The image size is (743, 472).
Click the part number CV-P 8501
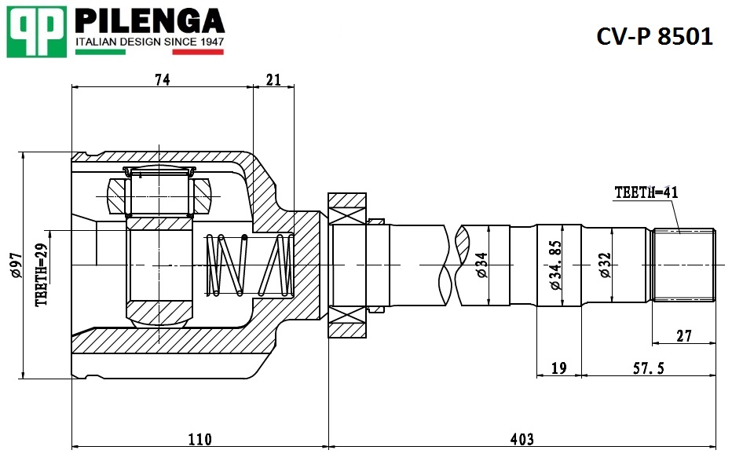click(654, 36)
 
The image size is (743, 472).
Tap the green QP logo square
click(36, 31)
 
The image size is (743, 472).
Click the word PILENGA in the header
click(149, 21)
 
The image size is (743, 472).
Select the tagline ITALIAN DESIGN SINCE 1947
click(150, 42)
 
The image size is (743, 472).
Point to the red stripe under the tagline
click(198, 52)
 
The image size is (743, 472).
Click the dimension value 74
click(162, 79)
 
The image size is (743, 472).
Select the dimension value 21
click(273, 79)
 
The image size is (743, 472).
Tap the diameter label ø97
click(15, 265)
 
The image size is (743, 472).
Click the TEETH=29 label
click(42, 274)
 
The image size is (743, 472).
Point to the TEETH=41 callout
click(646, 192)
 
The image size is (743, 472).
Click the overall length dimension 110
click(200, 439)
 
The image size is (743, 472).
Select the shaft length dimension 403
click(522, 439)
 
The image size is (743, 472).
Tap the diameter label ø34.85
click(555, 265)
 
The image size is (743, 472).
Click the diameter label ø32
click(606, 265)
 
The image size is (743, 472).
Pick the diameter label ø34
click(481, 265)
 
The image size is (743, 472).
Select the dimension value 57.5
click(649, 368)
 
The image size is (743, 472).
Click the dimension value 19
click(559, 368)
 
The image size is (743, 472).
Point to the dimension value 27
click(684, 336)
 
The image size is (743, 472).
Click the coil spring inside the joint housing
click(250, 265)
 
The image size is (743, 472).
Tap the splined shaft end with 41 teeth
click(684, 265)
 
